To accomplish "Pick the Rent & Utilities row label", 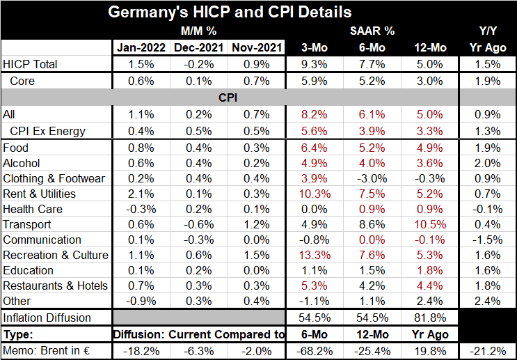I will (x=40, y=194).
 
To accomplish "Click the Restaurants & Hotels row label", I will (x=56, y=285).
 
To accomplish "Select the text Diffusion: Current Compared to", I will (x=199, y=334).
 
